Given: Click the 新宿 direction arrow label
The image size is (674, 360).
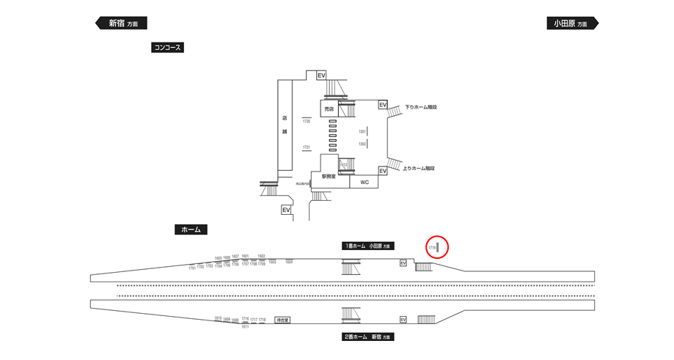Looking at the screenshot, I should [x=122, y=23].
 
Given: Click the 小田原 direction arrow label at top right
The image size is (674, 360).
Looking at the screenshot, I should [x=572, y=23].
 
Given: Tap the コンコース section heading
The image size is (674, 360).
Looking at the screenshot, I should [x=167, y=48].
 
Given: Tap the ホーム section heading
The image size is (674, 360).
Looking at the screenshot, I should [x=191, y=229].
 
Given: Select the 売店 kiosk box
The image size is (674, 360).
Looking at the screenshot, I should [x=329, y=109].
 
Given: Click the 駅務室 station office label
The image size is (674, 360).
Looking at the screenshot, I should [x=328, y=177].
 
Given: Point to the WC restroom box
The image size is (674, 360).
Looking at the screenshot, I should [x=365, y=182].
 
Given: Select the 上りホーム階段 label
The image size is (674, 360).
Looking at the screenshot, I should [x=419, y=169].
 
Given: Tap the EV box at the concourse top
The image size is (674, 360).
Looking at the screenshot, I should [x=320, y=76].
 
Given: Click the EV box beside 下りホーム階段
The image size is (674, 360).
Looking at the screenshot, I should [x=383, y=105].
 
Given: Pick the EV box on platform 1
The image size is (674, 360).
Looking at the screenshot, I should [x=403, y=262].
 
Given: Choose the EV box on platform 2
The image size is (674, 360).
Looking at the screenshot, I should [x=403, y=320].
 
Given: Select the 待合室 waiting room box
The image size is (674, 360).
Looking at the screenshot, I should [x=282, y=320].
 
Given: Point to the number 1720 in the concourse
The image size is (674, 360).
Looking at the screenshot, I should [x=307, y=121].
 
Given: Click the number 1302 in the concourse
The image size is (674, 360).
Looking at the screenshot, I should [x=362, y=144].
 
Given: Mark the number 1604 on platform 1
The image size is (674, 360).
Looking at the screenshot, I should [x=289, y=262].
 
